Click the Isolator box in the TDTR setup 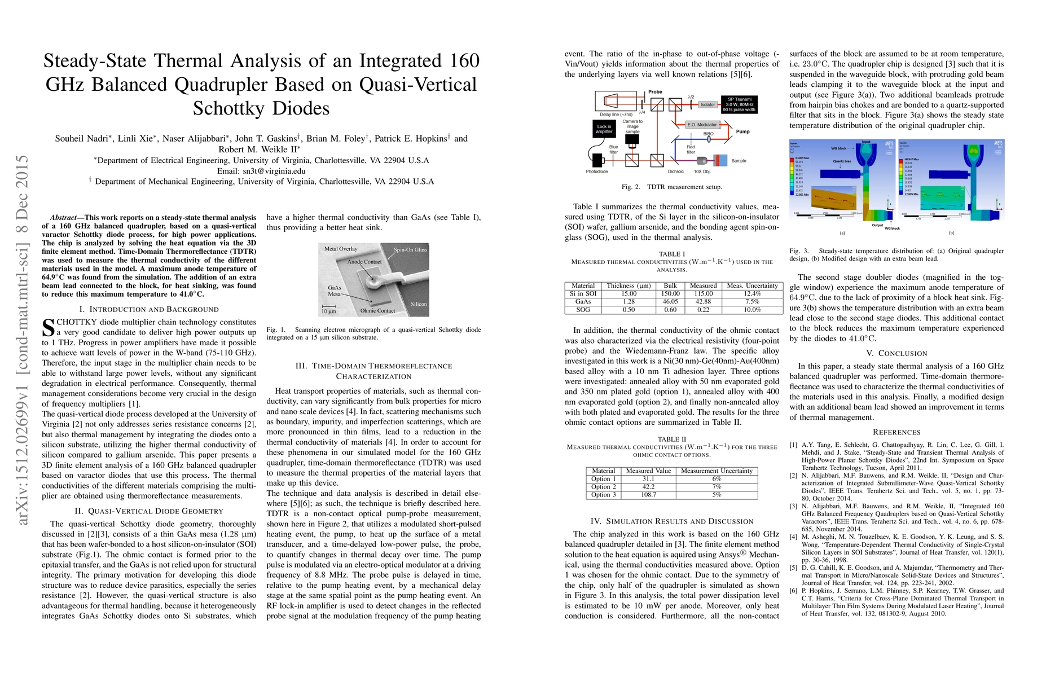click(x=707, y=104)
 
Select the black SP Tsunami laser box click(x=739, y=104)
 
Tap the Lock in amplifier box click(x=604, y=129)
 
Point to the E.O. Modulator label click(x=702, y=125)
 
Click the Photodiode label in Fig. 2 click(x=596, y=172)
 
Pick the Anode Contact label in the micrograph click(x=364, y=262)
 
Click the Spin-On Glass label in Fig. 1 click(x=410, y=249)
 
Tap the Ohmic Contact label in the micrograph click(x=377, y=311)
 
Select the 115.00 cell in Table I click(x=703, y=293)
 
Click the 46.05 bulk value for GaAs click(x=670, y=301)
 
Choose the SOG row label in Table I click(x=583, y=310)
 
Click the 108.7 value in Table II click(x=648, y=495)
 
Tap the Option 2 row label click(x=603, y=487)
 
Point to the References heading click(x=896, y=432)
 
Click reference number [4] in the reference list click(x=794, y=537)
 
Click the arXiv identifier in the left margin click(x=23, y=338)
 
